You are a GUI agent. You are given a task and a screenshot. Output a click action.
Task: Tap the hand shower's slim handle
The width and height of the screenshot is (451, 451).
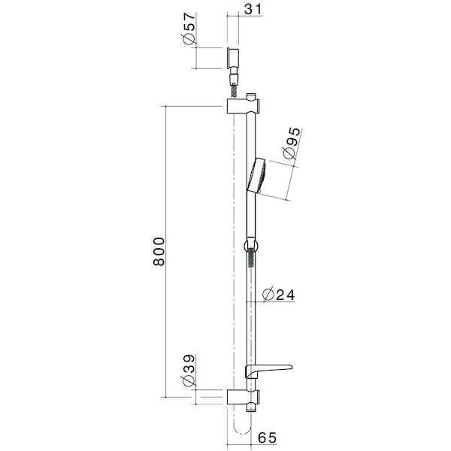250,218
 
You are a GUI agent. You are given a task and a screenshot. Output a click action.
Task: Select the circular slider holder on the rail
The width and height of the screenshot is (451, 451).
250,244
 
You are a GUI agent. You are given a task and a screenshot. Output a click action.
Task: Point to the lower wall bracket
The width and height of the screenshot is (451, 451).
243,396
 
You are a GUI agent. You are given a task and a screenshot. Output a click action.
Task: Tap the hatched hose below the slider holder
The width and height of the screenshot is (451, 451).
250,263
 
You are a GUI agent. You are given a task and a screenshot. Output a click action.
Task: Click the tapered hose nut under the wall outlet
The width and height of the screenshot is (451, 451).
233,77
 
